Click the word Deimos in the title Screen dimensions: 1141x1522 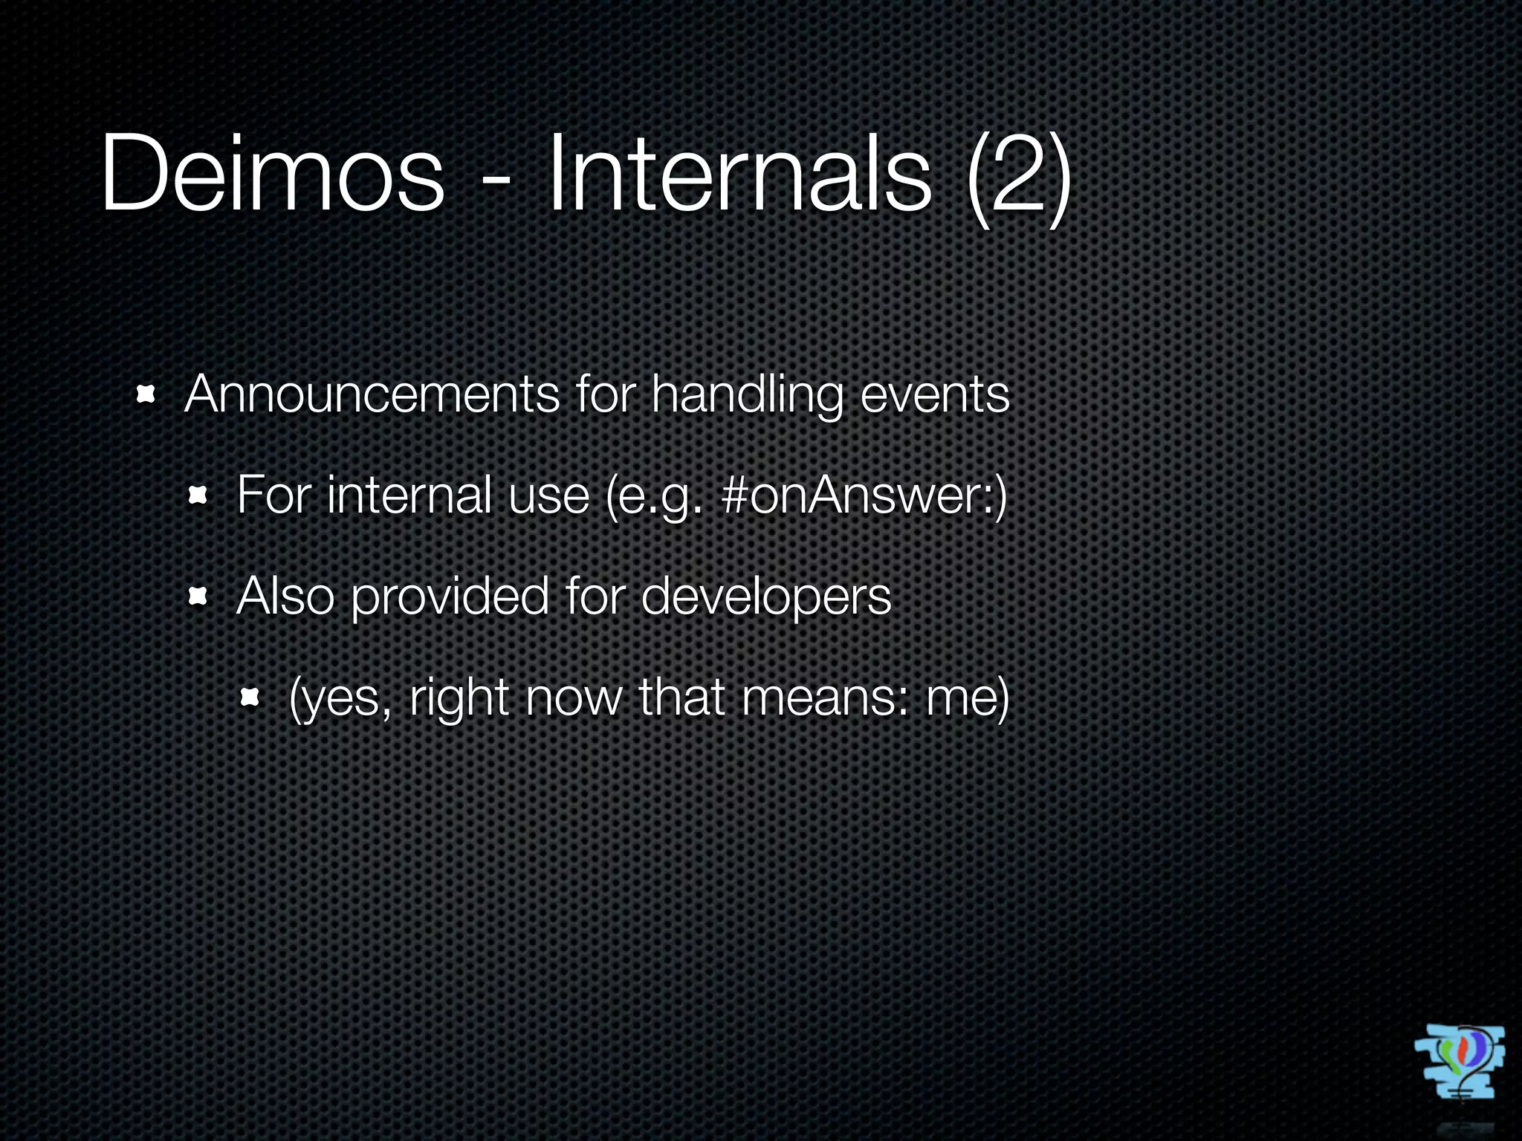coord(272,175)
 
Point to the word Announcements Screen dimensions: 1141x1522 coord(372,394)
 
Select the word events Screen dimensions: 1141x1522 coord(934,394)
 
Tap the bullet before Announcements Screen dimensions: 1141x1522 coord(145,394)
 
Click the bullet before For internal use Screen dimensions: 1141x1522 coord(197,495)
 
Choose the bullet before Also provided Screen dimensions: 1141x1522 coord(197,596)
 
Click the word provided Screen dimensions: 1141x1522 coord(450,596)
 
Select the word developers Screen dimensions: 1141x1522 coord(765,596)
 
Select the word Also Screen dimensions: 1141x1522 coord(285,596)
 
